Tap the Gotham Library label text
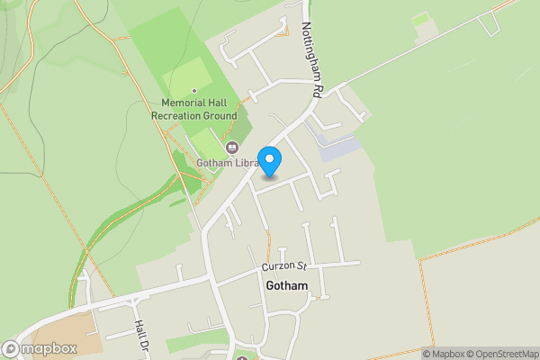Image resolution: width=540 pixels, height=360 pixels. [x=227, y=163]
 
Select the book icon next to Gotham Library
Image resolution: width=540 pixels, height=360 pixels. [x=231, y=147]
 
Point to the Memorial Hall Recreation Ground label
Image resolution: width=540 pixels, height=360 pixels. [x=193, y=110]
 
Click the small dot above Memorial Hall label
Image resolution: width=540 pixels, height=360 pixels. [x=193, y=91]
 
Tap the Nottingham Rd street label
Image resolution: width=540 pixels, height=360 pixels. [x=311, y=59]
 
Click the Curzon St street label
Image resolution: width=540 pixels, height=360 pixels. [x=285, y=266]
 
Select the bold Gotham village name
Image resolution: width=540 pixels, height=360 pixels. [x=287, y=286]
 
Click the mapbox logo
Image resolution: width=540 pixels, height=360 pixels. [x=40, y=348]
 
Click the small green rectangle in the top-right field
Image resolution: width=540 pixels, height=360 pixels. [x=420, y=18]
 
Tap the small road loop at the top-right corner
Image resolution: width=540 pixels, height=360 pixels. [x=488, y=22]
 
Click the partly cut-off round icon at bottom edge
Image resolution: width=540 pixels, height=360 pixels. [x=242, y=356]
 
